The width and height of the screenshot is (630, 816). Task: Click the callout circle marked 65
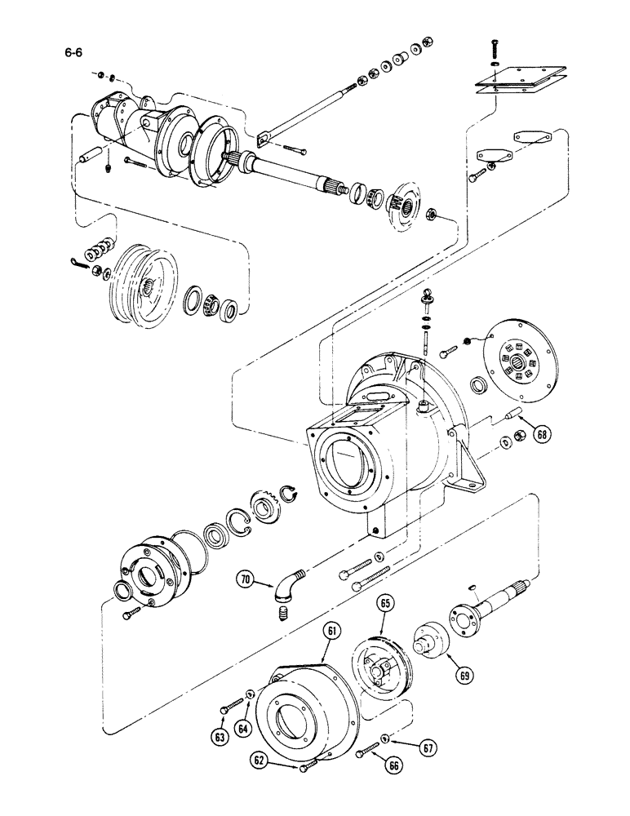click(385, 605)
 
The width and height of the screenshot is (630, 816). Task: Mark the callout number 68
click(542, 436)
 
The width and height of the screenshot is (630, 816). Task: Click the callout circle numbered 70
click(246, 581)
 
